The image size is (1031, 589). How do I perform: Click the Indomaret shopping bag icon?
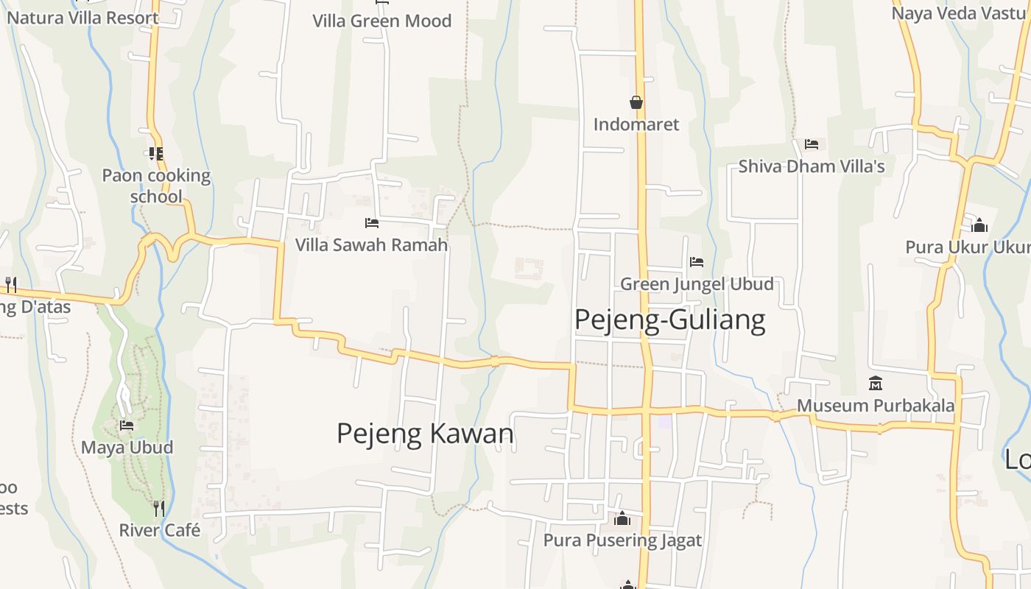(x=636, y=102)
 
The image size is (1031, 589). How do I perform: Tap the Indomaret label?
(x=636, y=124)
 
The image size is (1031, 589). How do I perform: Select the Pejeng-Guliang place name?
(x=669, y=320)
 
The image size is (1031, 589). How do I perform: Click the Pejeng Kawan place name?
(x=425, y=433)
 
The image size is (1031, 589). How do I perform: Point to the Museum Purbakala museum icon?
(x=876, y=384)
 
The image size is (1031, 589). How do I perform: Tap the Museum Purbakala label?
(x=876, y=406)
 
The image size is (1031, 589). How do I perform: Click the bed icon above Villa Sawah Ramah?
(x=372, y=222)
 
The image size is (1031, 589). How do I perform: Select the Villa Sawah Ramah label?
(x=372, y=244)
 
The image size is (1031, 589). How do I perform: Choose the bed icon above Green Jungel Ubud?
(x=697, y=261)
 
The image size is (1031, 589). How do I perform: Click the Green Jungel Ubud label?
(x=697, y=284)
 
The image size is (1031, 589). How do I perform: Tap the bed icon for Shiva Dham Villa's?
(x=812, y=144)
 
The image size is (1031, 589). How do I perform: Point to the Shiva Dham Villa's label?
(x=812, y=166)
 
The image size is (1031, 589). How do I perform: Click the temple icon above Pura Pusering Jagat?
(x=622, y=519)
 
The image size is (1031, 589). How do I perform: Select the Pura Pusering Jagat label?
(x=622, y=541)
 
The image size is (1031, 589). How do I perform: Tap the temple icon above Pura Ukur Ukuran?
(x=979, y=225)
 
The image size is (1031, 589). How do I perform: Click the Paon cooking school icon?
(x=155, y=154)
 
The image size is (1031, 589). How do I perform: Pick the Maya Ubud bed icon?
(x=127, y=426)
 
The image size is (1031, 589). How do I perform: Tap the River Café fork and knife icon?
(x=158, y=508)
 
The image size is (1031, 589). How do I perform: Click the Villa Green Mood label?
(x=381, y=21)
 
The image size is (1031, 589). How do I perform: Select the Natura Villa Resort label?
(x=82, y=18)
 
